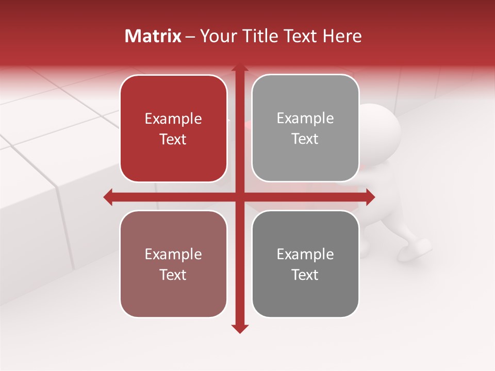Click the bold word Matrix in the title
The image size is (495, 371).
tap(153, 36)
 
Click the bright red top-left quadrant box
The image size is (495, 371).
tap(173, 128)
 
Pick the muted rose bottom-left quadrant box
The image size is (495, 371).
tap(173, 264)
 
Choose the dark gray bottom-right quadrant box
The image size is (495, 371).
tap(305, 264)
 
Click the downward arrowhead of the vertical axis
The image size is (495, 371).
tap(240, 328)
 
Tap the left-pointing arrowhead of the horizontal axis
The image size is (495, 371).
tap(108, 197)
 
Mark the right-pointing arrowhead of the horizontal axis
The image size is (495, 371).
tap(370, 197)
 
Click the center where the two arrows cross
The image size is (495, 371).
tap(240, 197)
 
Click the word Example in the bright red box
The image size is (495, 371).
tap(173, 119)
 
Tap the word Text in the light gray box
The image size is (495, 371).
tap(305, 139)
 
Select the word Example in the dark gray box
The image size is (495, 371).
tap(305, 255)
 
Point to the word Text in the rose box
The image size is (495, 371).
tap(173, 275)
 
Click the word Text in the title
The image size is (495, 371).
tap(301, 36)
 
